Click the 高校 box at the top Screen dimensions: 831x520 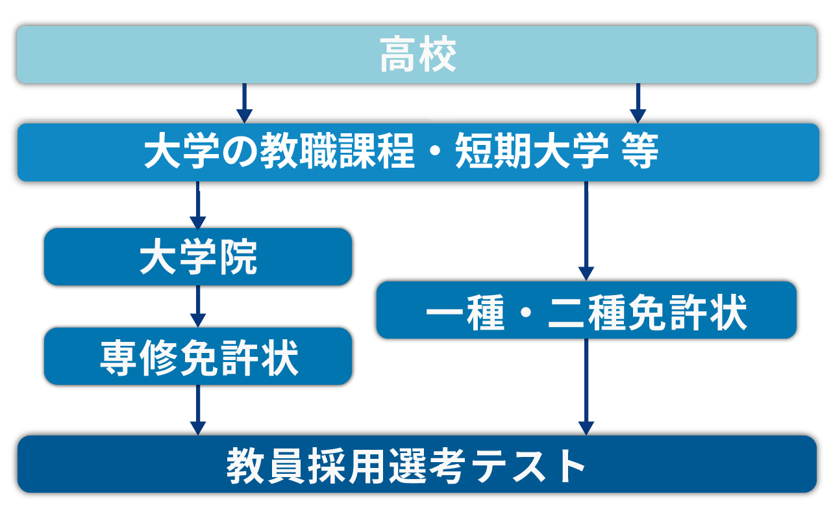(417, 55)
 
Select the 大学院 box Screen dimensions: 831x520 (198, 257)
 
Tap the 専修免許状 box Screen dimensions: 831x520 (198, 356)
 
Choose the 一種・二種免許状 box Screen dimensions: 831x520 (586, 310)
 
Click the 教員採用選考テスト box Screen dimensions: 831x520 (417, 464)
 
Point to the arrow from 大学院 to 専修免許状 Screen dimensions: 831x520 (198, 306)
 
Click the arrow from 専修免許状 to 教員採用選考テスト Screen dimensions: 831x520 (198, 410)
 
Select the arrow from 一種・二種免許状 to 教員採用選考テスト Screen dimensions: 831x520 (586, 387)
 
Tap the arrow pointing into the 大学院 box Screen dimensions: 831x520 (198, 205)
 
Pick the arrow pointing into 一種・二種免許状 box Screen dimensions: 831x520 (586, 231)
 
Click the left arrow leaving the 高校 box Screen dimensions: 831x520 (245, 103)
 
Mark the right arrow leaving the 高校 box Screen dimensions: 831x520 (638, 103)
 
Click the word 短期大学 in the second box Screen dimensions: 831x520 (532, 151)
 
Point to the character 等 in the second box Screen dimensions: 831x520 (640, 151)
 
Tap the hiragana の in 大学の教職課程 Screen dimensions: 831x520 (240, 151)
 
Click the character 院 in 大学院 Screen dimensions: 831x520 (238, 257)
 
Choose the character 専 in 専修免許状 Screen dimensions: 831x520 (119, 357)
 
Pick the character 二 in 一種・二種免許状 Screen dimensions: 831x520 (567, 312)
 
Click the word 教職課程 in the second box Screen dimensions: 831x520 (337, 151)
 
